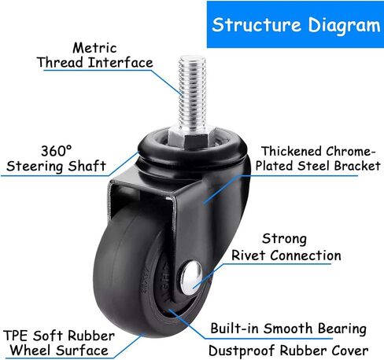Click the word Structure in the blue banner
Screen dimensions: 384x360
click(x=257, y=25)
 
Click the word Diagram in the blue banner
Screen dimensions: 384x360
click(x=344, y=27)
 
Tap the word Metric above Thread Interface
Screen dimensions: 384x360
click(x=94, y=48)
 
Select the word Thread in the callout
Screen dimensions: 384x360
click(x=60, y=62)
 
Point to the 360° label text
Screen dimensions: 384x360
click(x=57, y=151)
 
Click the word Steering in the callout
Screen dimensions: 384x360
click(x=35, y=167)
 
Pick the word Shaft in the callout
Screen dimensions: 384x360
click(x=87, y=166)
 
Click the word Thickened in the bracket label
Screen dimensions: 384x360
click(x=291, y=151)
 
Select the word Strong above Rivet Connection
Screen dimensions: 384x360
click(x=284, y=240)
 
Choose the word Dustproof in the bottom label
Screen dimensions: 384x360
click(x=242, y=351)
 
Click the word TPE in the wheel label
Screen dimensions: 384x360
click(x=16, y=336)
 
